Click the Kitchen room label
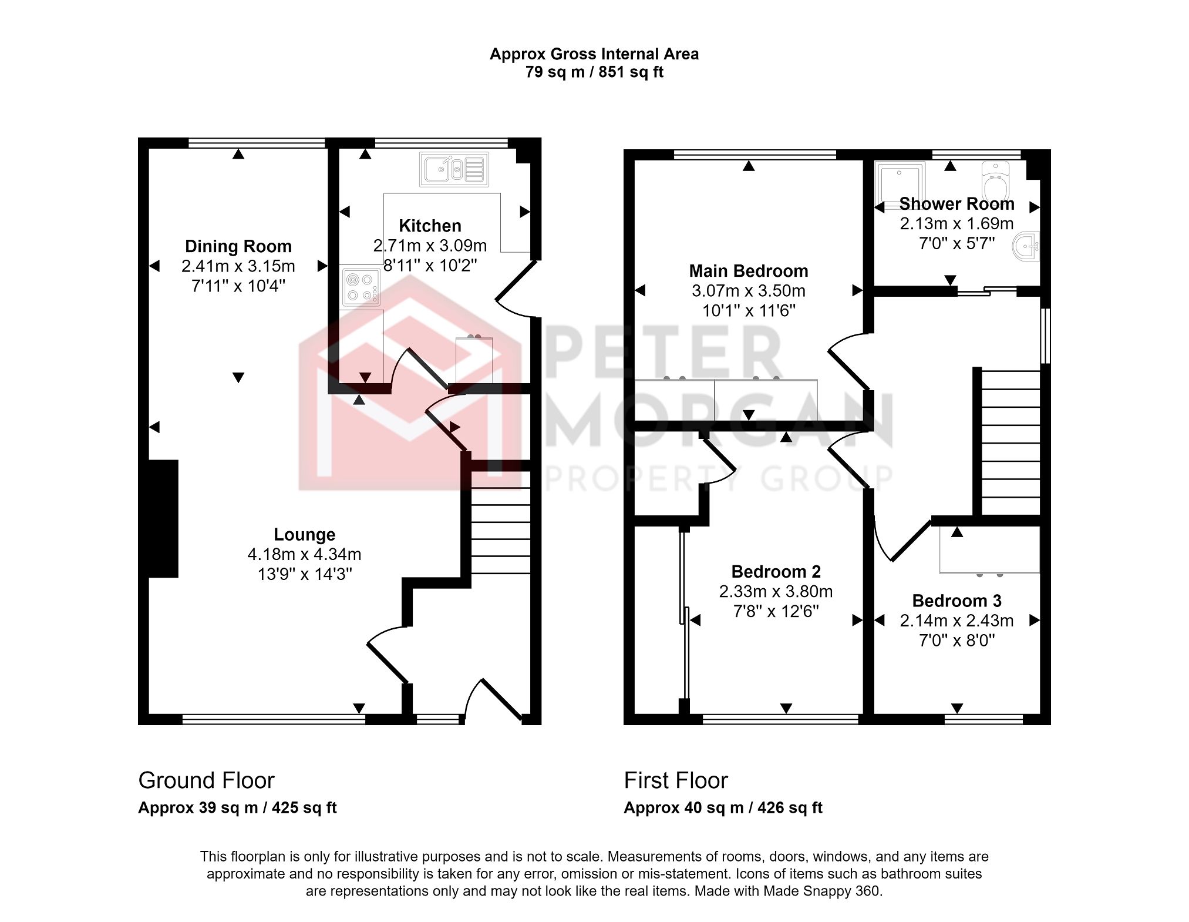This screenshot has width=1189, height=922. point(430,226)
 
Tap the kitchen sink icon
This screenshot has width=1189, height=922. point(454,169)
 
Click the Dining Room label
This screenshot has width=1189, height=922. point(238,246)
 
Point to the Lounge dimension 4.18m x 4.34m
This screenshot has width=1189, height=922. point(304,554)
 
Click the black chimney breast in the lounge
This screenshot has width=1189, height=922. point(163,518)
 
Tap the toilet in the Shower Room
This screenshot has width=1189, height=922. point(995,182)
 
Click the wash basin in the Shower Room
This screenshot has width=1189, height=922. point(1026,246)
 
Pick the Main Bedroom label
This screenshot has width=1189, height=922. point(748,271)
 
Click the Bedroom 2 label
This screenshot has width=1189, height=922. point(776,572)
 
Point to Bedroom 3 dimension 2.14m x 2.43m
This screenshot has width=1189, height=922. point(956,621)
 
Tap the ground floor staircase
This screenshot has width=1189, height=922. point(501,523)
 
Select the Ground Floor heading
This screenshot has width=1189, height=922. point(206,780)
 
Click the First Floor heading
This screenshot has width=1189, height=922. point(675,780)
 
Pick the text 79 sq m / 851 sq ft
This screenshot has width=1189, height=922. point(594,72)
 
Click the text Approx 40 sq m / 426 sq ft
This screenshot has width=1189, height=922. point(723,808)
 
